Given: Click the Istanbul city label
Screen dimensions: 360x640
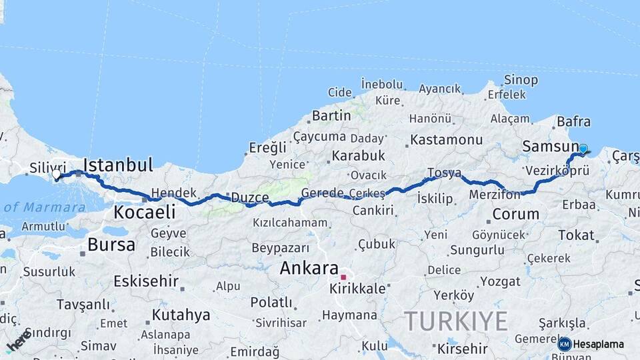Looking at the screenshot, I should click(118, 165).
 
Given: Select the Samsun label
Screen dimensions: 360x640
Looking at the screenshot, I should click(550, 146).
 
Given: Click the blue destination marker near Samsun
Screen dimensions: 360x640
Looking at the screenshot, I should click(583, 149).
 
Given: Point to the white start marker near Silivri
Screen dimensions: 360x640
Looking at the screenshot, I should click(56, 175).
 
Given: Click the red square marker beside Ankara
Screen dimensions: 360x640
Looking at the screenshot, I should click(343, 277).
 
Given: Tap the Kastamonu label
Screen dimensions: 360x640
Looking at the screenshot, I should click(446, 140).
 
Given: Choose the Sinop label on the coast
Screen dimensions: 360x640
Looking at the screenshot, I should click(521, 80).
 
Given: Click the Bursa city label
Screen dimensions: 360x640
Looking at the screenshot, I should click(111, 244).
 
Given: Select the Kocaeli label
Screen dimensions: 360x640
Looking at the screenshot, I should click(144, 213).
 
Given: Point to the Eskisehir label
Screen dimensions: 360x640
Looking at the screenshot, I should click(146, 281).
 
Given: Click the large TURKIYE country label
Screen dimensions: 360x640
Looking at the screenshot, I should click(456, 322).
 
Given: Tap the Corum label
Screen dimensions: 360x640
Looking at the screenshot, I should click(515, 215).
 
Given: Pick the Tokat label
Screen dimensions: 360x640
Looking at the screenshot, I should click(576, 235).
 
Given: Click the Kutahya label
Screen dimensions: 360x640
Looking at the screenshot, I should click(181, 315).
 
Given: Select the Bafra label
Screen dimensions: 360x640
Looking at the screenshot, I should click(573, 121).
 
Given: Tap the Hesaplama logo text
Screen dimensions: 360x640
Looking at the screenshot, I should click(598, 344).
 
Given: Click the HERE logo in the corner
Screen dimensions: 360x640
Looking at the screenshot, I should click(19, 340).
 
